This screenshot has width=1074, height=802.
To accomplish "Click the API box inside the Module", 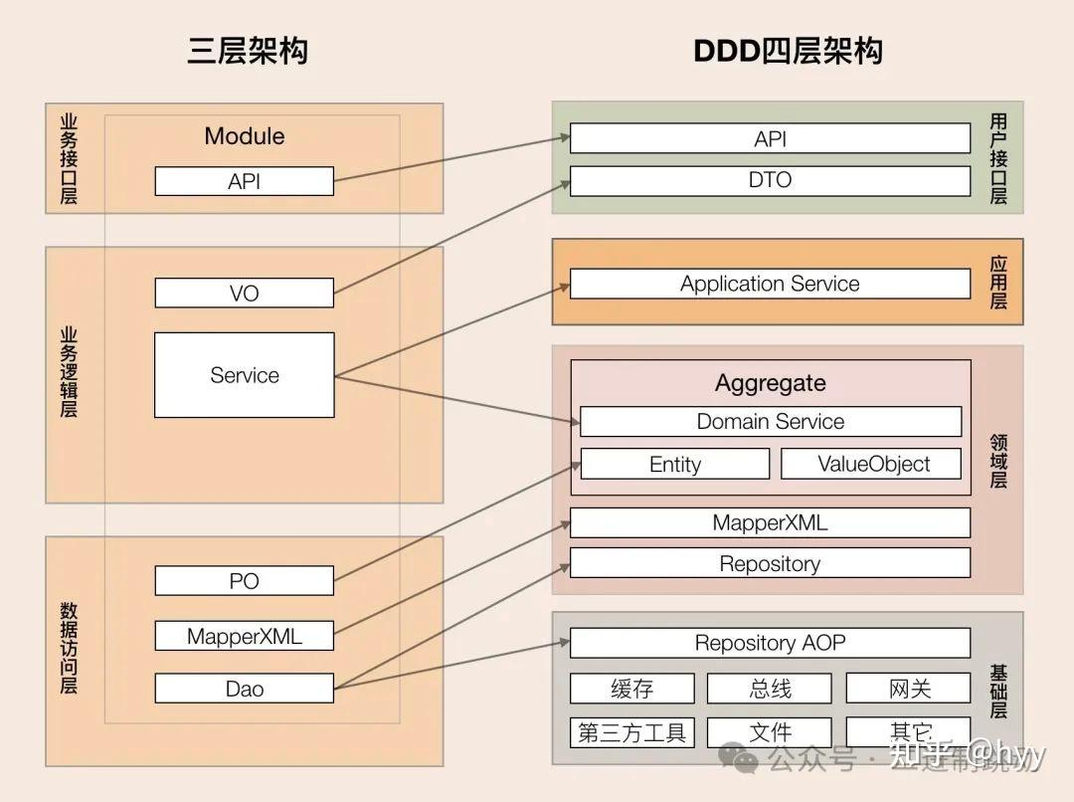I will coord(244,181).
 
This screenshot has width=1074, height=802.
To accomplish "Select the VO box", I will coord(244,293).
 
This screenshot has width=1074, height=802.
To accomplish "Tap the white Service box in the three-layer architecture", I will coord(244,375).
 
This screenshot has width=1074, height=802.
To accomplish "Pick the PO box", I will coord(244,580).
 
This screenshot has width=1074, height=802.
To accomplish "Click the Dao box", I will coord(244,688).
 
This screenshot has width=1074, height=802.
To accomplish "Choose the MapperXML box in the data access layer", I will coord(244,635).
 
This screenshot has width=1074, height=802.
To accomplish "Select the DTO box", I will coord(770,180).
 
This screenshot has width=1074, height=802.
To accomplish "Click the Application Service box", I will coord(770,284).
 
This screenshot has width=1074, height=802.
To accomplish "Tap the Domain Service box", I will coord(770,421).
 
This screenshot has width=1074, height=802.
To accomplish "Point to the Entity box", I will coord(674,464).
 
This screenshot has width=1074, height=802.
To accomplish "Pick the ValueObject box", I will coord(872,464).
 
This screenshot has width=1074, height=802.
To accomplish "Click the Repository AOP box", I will coord(770,643).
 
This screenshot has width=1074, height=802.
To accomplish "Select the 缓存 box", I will coord(631,689).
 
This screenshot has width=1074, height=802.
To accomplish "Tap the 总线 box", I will coord(770,689).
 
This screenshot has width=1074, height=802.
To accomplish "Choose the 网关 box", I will coord(908,689).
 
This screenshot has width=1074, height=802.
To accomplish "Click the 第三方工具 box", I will coord(631,733).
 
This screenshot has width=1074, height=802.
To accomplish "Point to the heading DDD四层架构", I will coord(788,51).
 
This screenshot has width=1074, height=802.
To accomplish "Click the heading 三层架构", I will coord(248,51).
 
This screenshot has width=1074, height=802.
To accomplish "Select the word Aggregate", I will coord(770,383).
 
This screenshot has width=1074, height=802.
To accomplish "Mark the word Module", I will coord(244,136).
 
